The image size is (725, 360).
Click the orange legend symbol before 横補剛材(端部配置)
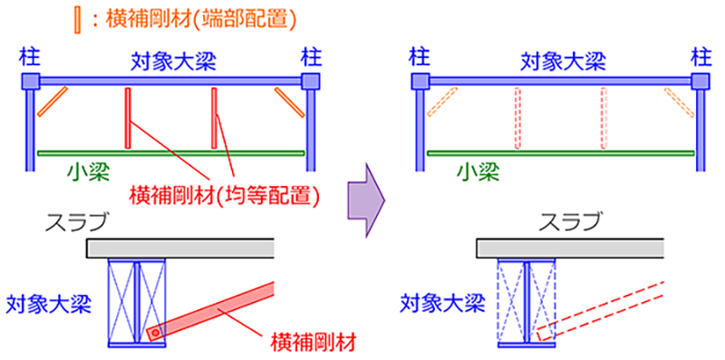point(79,18)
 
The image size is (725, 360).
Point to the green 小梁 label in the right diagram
point(478,170)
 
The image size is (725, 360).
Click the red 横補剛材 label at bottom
point(312,342)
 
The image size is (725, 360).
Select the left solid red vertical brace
point(128,119)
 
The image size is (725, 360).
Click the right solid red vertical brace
point(215,119)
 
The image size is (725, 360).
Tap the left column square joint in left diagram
point(30,82)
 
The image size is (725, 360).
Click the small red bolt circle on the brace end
point(155,335)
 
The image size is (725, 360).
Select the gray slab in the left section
point(181,248)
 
